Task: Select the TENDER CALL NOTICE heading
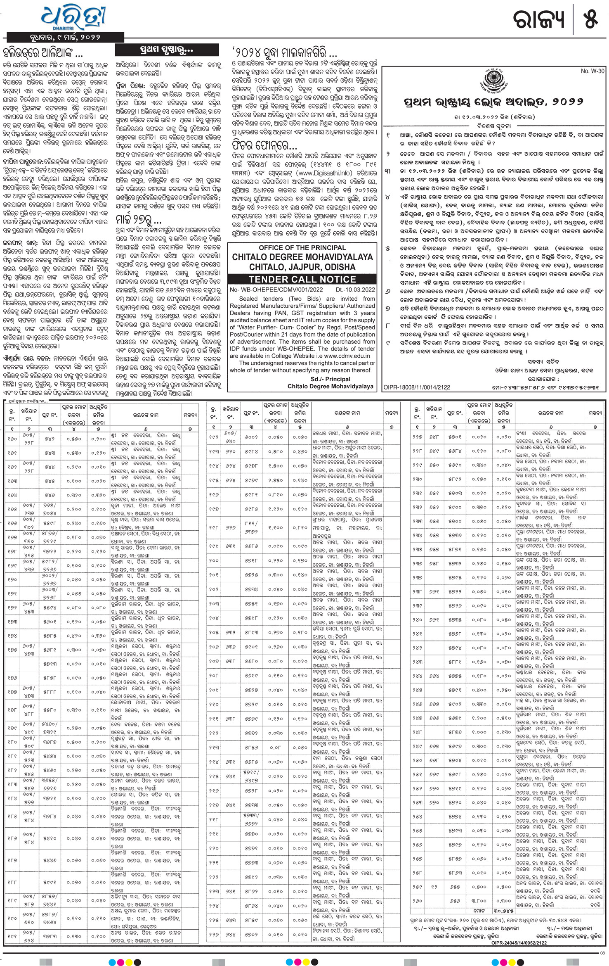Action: (302, 279)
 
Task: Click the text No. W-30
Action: (592, 71)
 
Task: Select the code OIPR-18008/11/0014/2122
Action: (417, 387)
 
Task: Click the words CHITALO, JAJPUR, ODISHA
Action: (302, 267)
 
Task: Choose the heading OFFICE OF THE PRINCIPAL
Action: (302, 248)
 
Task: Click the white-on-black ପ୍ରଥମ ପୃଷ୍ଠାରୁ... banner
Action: (166, 50)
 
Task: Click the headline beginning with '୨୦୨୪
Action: (284, 53)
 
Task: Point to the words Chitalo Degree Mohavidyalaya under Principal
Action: (330, 386)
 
